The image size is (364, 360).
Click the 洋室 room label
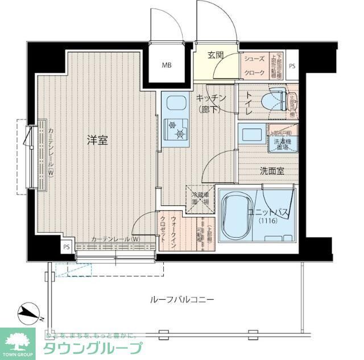tap(97, 140)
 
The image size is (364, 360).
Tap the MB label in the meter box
tap(166, 65)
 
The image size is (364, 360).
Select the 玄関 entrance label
tap(216, 55)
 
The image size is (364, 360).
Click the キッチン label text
tap(211, 98)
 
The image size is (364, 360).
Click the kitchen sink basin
tap(175, 105)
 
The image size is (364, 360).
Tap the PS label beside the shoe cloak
tap(292, 66)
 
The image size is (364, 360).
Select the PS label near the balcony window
tap(67, 247)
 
